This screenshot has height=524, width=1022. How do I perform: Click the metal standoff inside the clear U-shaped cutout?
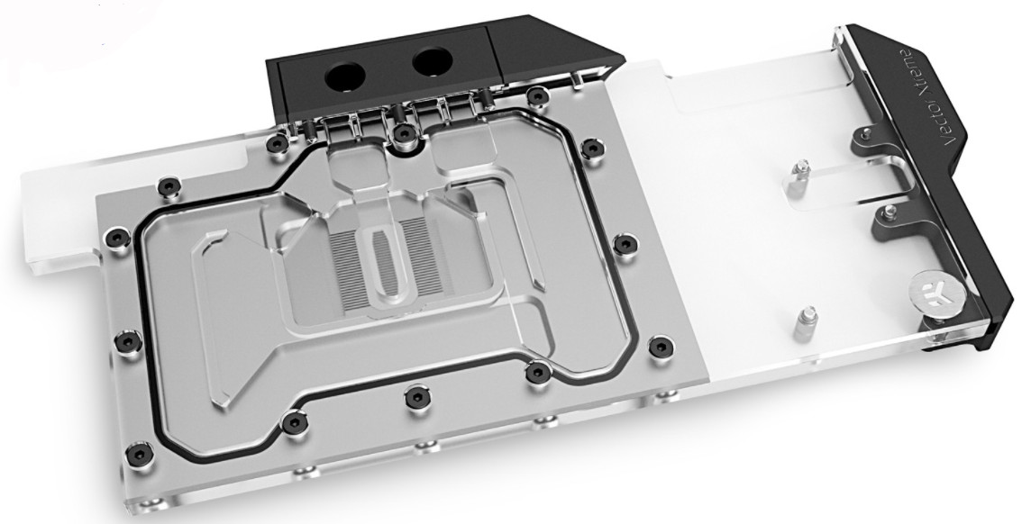point(797,178)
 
